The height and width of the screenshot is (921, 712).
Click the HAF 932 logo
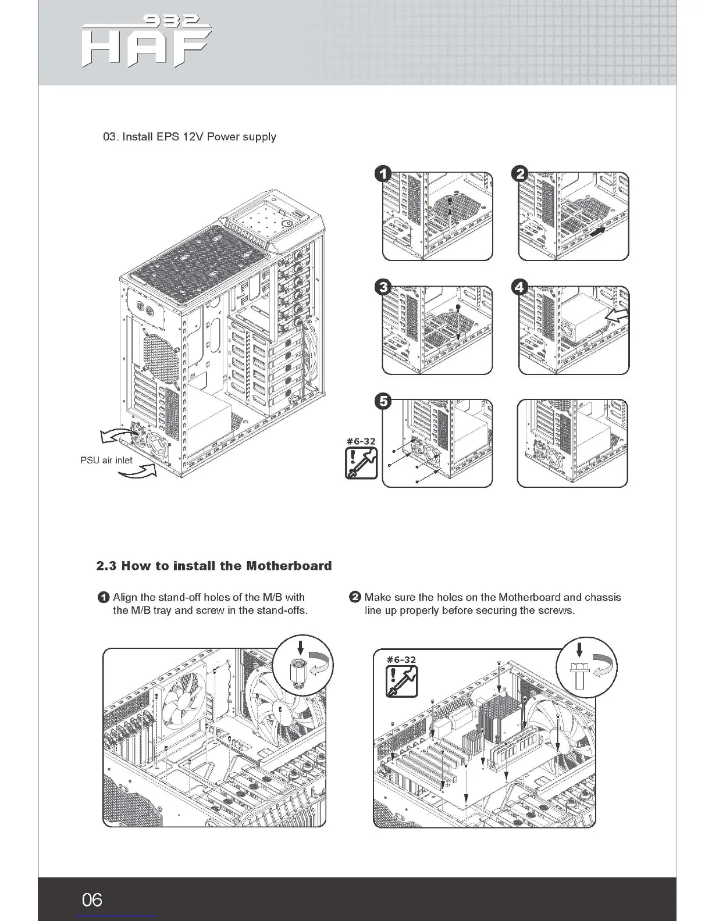[x=145, y=43]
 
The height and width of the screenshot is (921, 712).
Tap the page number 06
[x=92, y=900]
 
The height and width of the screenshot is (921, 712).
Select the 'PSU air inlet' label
[x=106, y=460]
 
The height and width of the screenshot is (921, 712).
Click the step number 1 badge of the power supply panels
[x=383, y=174]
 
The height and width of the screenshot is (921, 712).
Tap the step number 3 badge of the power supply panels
[x=383, y=287]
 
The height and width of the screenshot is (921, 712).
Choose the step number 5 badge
[x=383, y=401]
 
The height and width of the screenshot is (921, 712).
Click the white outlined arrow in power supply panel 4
[x=617, y=317]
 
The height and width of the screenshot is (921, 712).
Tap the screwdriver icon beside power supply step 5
[x=361, y=464]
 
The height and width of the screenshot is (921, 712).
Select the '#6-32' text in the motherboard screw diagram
[x=401, y=659]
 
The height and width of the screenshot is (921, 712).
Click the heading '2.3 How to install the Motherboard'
[x=214, y=566]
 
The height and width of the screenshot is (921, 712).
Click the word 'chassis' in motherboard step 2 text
[x=603, y=598]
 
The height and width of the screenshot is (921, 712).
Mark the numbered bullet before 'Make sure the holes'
[x=354, y=598]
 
